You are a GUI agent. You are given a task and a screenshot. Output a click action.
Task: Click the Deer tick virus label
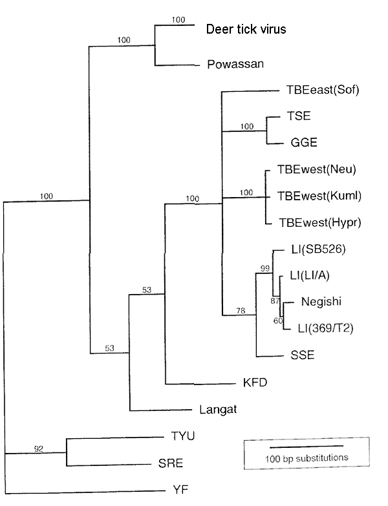pos(246,28)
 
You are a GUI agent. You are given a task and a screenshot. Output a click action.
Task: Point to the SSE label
pos(303,355)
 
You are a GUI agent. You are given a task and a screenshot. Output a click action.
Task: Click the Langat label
pos(213,410)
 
